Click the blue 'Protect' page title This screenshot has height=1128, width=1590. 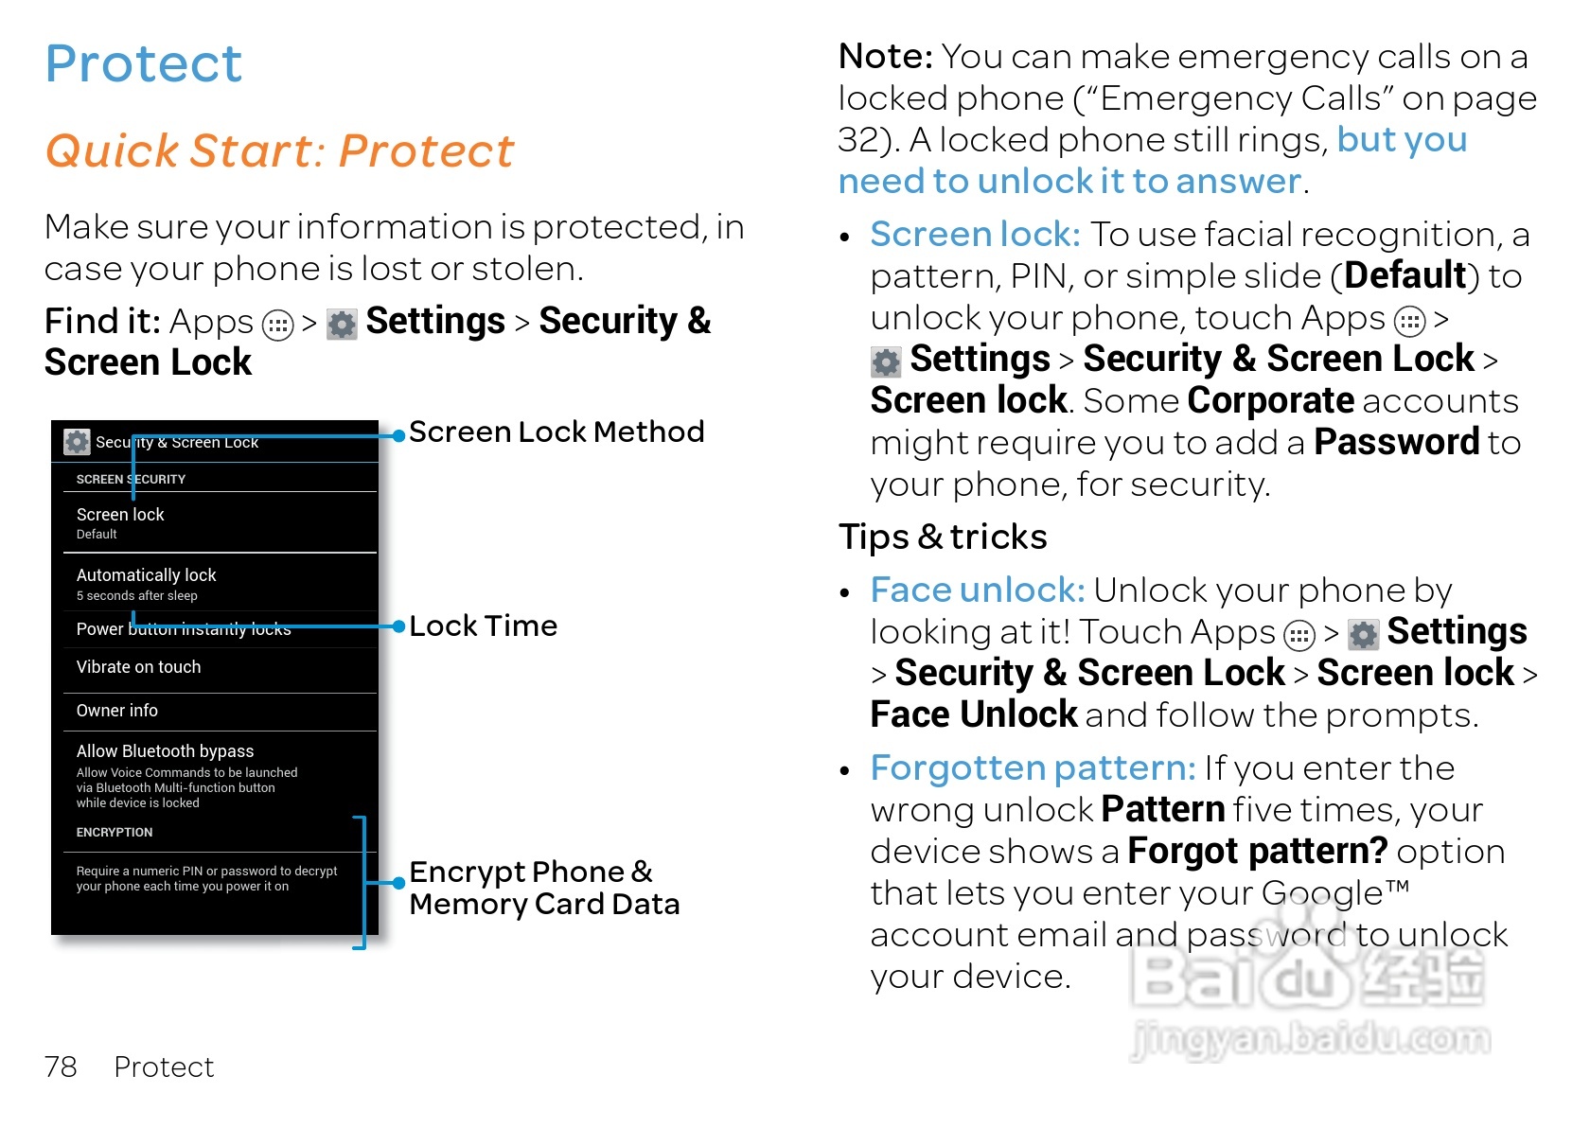coord(144,64)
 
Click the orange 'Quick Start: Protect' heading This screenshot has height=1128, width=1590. coord(279,151)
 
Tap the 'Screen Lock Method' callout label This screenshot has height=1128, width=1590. coord(556,432)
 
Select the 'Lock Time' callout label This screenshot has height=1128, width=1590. coord(483,626)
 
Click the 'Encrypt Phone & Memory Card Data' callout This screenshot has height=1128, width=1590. coord(543,888)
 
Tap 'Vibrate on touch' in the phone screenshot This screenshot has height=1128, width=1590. coord(138,667)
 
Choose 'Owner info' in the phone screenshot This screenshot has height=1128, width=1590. coord(117,711)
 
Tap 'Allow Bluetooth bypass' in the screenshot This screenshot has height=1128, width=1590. coord(165,751)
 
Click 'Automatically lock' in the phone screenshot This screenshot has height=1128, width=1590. coord(146,575)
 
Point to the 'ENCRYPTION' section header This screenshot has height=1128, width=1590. coord(115,833)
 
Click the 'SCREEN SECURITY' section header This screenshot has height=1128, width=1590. coord(131,480)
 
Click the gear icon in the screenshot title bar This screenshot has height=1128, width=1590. coord(77,442)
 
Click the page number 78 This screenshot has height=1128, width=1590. coord(61,1067)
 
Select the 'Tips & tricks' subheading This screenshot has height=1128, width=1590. coord(943,538)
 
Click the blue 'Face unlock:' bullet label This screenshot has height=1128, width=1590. coord(977,590)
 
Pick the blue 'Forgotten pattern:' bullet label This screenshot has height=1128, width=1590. coord(1033,768)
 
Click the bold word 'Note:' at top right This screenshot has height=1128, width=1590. coord(886,58)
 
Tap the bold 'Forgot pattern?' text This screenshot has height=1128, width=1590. coord(1257,852)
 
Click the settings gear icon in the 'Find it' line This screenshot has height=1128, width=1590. coord(342,325)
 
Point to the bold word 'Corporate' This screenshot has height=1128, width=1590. coord(1270,401)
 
